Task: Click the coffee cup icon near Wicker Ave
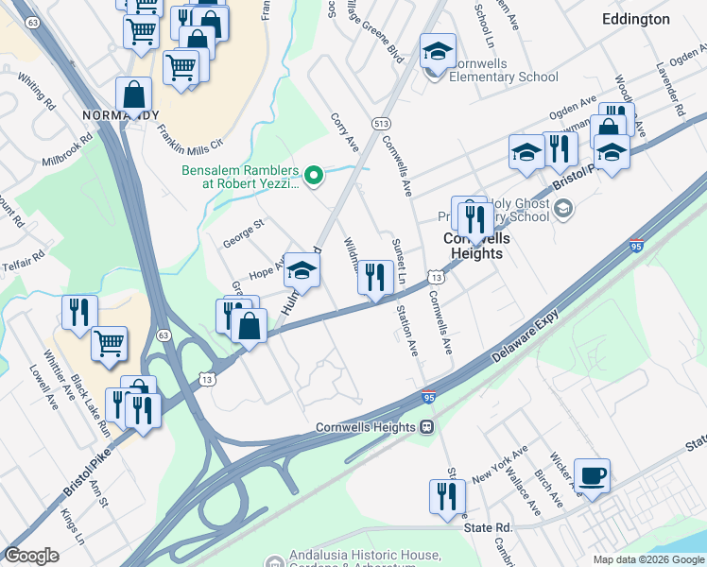point(592,475)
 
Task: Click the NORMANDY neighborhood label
point(120,115)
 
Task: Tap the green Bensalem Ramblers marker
point(317,173)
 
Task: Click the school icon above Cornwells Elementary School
point(438,52)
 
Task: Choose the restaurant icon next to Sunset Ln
point(377,277)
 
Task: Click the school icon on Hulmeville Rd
point(302,271)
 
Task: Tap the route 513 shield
point(382,124)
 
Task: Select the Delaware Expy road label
point(527,340)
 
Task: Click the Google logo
point(31,556)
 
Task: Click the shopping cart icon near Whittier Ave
point(110,343)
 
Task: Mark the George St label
point(244,231)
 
